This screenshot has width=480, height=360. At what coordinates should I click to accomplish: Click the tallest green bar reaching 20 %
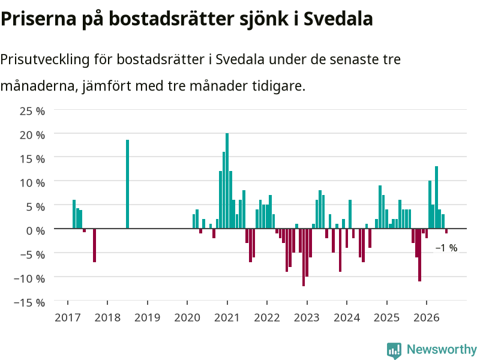(227, 181)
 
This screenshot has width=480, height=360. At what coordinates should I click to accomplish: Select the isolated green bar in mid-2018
(127, 184)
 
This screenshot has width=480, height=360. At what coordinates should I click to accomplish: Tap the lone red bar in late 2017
(95, 245)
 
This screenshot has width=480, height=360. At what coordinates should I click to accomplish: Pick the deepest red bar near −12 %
(304, 257)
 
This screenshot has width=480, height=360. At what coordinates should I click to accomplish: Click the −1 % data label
(446, 248)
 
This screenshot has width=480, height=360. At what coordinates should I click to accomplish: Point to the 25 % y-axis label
(32, 111)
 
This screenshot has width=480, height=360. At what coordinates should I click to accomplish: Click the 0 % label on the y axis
(35, 231)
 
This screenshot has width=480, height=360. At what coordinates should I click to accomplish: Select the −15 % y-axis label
(29, 303)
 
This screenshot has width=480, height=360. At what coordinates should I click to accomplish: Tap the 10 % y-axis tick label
(32, 183)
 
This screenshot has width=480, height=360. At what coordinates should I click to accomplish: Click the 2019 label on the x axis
(147, 318)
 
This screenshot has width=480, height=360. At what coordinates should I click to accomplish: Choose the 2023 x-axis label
(307, 318)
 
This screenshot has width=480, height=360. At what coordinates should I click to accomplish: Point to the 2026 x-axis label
(427, 318)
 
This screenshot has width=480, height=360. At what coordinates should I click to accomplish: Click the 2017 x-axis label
(68, 318)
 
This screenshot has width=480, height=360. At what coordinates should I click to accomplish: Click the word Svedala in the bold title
(338, 19)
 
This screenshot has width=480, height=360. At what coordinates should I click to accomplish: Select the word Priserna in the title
(38, 19)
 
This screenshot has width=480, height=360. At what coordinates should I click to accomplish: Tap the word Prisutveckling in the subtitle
(44, 59)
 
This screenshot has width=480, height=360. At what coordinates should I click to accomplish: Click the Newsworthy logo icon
(394, 350)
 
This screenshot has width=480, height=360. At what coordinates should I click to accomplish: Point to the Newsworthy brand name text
(442, 349)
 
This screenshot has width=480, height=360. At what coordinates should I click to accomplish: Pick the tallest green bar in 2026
(437, 197)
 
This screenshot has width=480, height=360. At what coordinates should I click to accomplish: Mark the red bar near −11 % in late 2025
(419, 254)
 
